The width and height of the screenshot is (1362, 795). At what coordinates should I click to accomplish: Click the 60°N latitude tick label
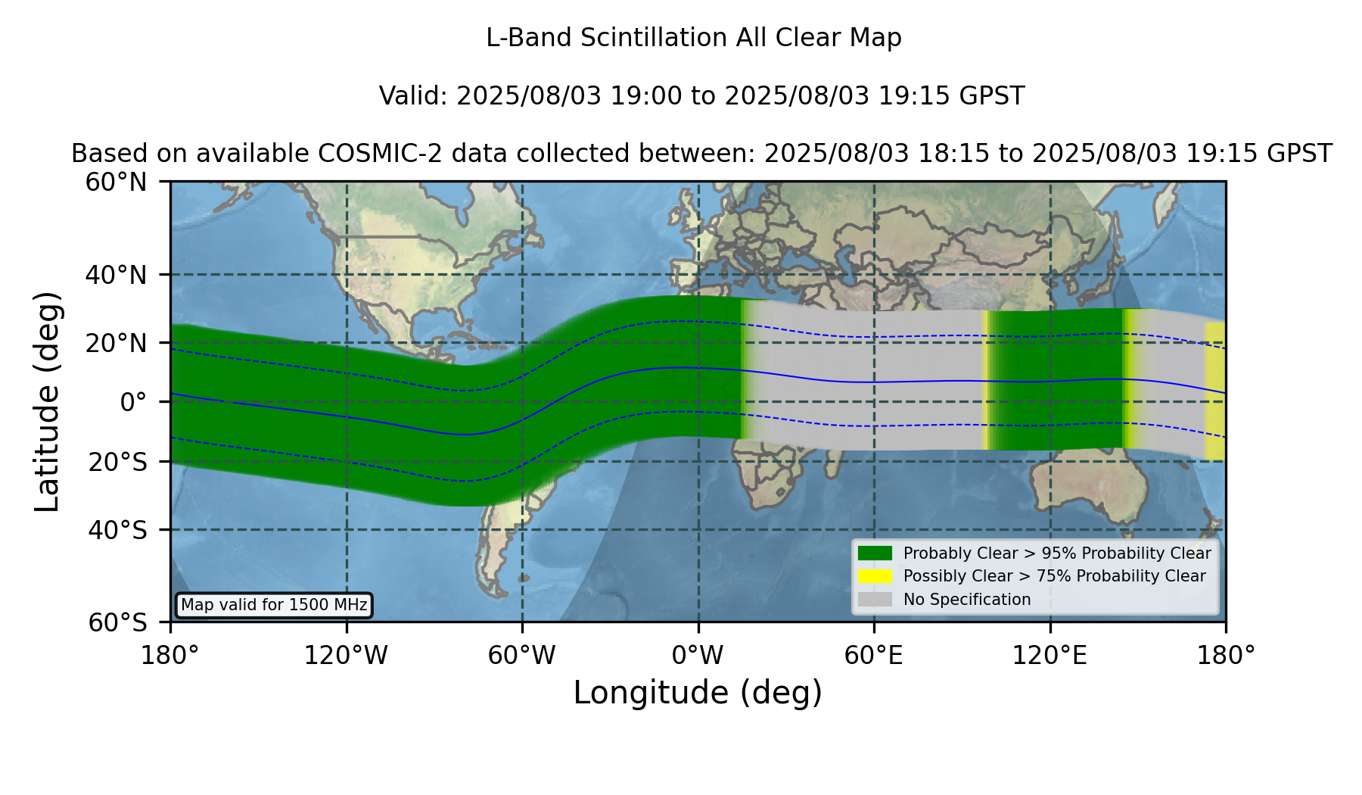(x=117, y=182)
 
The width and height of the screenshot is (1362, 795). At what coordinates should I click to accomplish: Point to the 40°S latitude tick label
(x=118, y=530)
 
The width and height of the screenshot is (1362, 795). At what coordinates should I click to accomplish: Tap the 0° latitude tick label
(x=133, y=402)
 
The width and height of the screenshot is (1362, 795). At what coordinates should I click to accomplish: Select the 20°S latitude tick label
(x=118, y=462)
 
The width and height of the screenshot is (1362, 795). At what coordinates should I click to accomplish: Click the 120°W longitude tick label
(x=346, y=656)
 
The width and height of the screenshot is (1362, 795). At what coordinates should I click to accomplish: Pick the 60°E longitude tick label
(x=874, y=656)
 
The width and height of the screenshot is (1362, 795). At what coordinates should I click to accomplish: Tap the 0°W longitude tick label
(x=698, y=656)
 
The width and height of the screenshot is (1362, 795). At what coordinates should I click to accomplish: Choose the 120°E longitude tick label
(x=1050, y=656)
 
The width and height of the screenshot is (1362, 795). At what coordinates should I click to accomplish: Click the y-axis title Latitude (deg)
(x=47, y=401)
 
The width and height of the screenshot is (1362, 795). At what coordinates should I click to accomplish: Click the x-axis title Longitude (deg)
(x=698, y=693)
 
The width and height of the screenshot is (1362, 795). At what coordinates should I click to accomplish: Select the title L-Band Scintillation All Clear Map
(x=694, y=38)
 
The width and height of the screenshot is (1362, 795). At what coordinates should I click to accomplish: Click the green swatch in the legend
(x=875, y=553)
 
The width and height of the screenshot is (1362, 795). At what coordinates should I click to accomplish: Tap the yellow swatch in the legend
(x=875, y=576)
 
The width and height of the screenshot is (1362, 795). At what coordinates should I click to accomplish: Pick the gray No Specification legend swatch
(x=875, y=600)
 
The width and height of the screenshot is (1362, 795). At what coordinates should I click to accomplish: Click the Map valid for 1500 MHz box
(x=274, y=605)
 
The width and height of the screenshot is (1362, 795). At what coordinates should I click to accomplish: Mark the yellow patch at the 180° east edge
(x=1214, y=391)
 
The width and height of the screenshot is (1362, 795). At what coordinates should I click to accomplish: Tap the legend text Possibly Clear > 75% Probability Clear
(x=1055, y=576)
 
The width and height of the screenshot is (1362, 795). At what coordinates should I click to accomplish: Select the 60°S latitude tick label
(x=118, y=622)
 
